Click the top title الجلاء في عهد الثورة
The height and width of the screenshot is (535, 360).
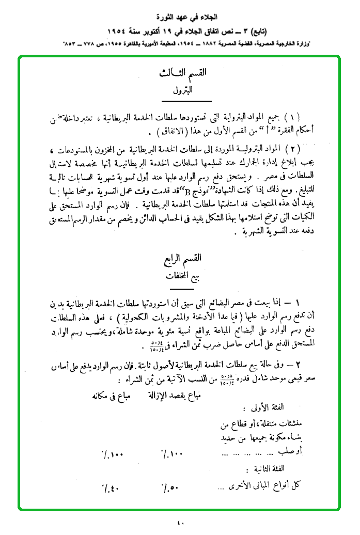click(x=180, y=12)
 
